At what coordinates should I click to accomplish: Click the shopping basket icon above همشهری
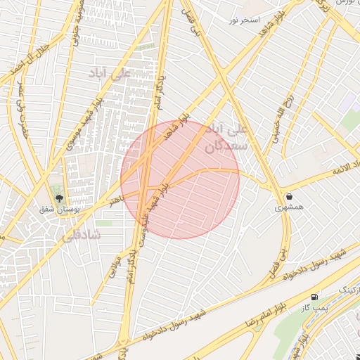(x=289, y=196)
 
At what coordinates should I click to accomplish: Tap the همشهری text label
(x=289, y=208)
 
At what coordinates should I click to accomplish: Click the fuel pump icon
(x=314, y=297)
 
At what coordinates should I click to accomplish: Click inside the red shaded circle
(x=180, y=180)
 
